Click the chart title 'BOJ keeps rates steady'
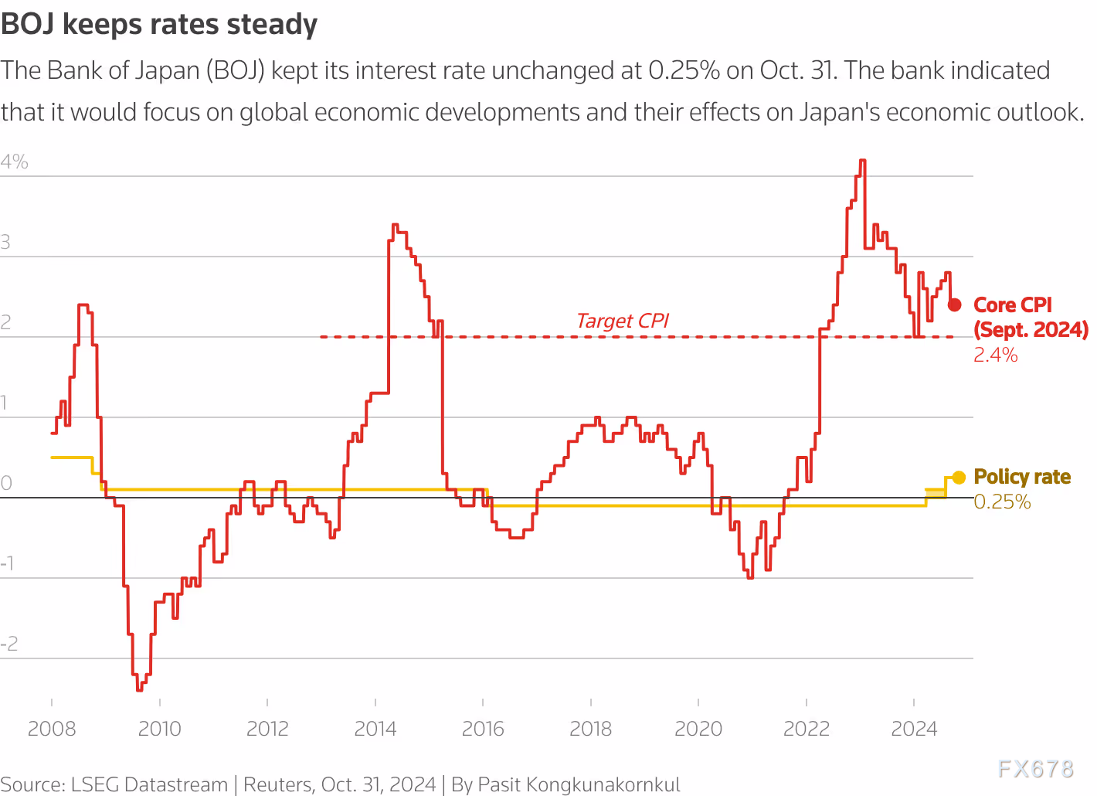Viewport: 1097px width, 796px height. click(x=159, y=25)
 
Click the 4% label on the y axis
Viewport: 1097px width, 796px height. click(x=15, y=162)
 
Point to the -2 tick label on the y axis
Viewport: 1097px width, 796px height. click(x=9, y=644)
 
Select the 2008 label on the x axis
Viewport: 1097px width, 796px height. click(x=52, y=729)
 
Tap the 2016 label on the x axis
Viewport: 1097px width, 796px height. click(x=483, y=729)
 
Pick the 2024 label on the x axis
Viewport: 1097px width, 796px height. click(x=914, y=729)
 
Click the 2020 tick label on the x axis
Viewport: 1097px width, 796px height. click(x=698, y=729)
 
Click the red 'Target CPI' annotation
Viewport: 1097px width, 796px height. click(x=623, y=321)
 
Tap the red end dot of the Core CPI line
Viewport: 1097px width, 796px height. click(x=955, y=304)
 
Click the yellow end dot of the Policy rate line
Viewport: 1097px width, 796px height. click(x=959, y=478)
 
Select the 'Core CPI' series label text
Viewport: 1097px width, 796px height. click(x=1013, y=305)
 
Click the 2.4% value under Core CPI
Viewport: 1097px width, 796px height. click(x=996, y=355)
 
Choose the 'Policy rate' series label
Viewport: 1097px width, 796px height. click(x=1022, y=477)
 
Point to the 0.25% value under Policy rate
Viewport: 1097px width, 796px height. click(x=1002, y=502)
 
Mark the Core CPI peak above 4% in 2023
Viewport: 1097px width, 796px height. click(x=862, y=161)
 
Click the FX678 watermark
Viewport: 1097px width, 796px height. click(x=1035, y=768)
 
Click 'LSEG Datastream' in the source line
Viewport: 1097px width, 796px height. click(x=149, y=785)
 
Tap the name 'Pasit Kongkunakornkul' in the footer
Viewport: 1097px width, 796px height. click(x=579, y=785)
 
